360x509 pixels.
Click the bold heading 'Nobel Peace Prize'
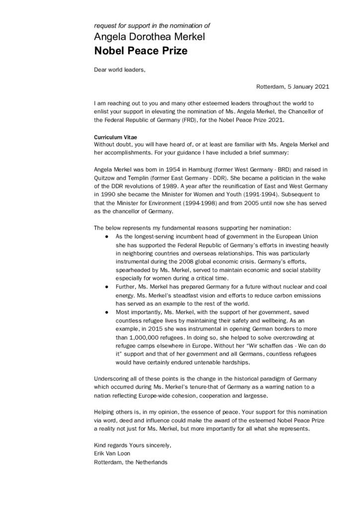point(141,51)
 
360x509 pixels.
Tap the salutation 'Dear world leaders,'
point(120,70)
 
